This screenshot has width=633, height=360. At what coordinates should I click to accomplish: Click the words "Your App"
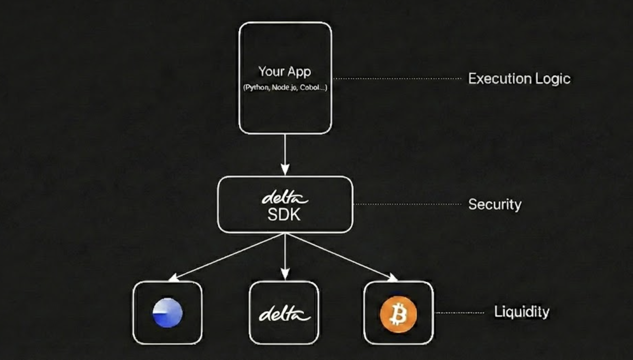[x=284, y=72]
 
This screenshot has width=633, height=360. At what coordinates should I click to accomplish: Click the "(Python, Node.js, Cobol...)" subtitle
[x=285, y=88]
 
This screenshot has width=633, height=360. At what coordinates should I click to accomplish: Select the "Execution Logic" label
[x=519, y=79]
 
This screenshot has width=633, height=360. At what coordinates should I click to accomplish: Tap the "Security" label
[x=495, y=205]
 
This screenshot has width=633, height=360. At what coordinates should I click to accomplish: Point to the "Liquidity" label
[x=522, y=312]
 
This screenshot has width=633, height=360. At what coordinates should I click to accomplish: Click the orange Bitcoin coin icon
[x=398, y=314]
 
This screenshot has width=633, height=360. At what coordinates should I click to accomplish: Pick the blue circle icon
[x=167, y=313]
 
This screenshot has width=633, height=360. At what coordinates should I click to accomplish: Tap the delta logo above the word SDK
[x=284, y=198]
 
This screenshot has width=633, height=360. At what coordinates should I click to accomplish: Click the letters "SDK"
[x=284, y=215]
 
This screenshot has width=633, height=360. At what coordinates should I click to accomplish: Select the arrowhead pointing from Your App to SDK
[x=285, y=169]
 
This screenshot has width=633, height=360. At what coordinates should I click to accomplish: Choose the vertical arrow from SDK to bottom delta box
[x=285, y=256]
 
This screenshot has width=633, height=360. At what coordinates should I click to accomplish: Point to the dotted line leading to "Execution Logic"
[x=397, y=78]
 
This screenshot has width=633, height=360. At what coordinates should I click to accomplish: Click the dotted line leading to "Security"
[x=407, y=204]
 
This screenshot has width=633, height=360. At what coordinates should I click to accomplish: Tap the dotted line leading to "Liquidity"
[x=460, y=313]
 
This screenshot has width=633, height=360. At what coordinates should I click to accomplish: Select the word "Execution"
[x=499, y=79]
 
